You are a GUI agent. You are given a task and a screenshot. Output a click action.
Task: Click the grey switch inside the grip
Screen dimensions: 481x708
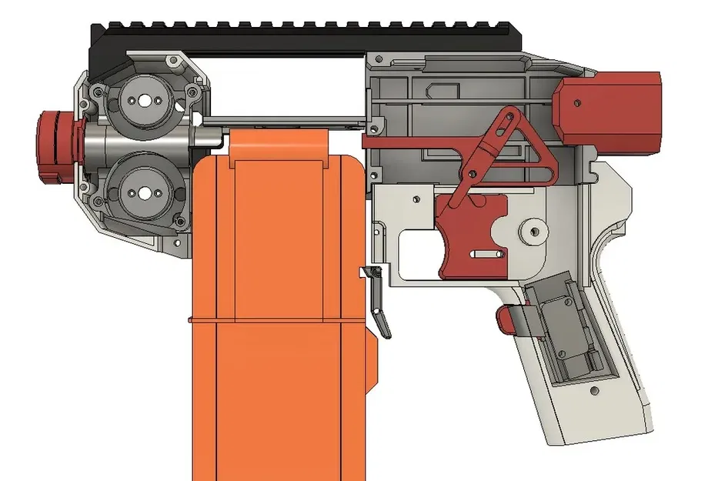click(566, 331)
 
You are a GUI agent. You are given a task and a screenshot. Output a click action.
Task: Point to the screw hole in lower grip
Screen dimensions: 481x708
click(594, 391)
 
